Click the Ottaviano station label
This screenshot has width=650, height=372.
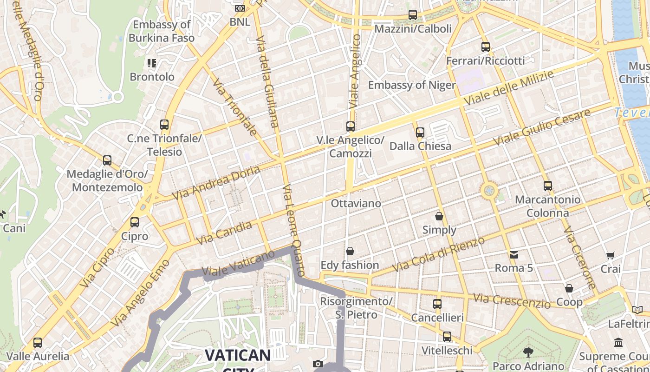(356, 203)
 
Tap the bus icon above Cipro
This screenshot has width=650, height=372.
(135, 222)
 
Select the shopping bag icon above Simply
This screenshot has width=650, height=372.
(439, 216)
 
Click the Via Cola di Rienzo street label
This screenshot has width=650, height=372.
(439, 254)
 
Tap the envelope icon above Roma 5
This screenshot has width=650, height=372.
(514, 254)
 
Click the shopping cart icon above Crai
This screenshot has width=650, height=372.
(611, 255)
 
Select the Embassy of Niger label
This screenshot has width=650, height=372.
(412, 85)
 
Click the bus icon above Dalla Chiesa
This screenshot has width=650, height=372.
(420, 133)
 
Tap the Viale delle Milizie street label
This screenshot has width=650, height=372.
(509, 88)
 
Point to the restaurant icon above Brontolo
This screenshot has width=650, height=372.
(152, 63)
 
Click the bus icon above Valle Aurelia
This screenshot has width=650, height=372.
(38, 343)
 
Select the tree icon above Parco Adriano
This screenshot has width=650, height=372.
(528, 352)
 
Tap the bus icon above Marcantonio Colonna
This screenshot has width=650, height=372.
(548, 186)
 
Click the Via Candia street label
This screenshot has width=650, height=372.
(225, 233)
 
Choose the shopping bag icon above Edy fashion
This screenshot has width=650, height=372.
(350, 251)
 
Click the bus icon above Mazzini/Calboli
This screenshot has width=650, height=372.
(413, 15)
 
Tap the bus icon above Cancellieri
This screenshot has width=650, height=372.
(437, 304)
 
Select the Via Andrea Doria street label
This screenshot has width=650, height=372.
(216, 183)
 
